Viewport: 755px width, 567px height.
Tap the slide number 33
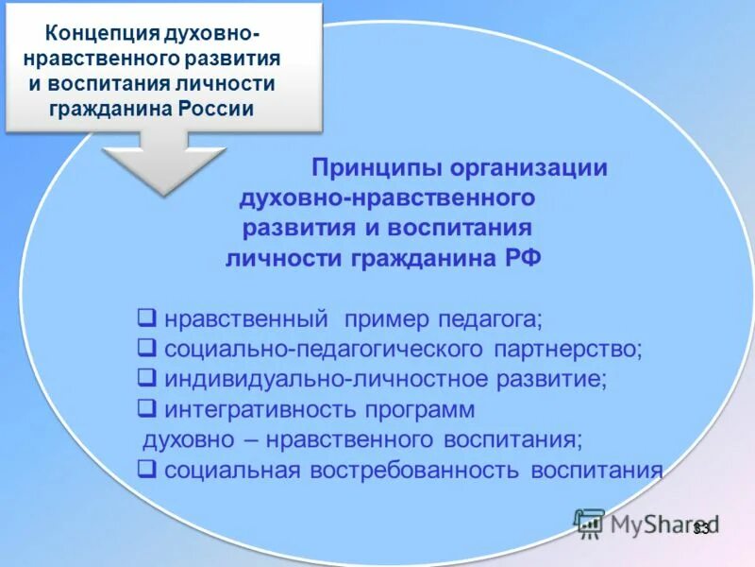700,529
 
